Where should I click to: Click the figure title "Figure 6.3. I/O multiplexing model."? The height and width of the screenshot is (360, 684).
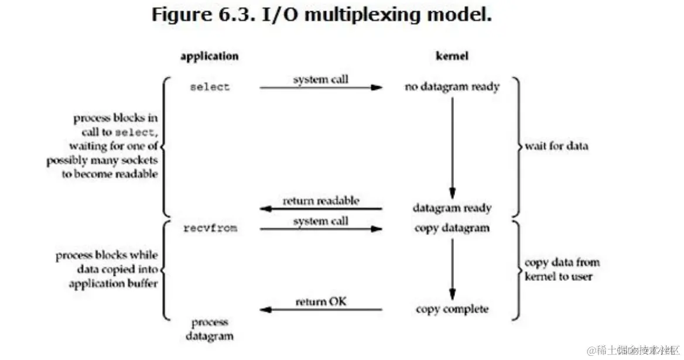(x=321, y=15)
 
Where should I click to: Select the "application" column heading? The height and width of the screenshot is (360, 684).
(x=209, y=57)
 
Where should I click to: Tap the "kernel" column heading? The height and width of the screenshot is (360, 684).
(x=452, y=57)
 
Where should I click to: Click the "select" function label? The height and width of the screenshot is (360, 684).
(x=210, y=87)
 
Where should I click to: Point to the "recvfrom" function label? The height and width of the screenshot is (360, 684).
(x=210, y=228)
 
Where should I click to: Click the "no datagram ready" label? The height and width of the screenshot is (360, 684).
(x=452, y=87)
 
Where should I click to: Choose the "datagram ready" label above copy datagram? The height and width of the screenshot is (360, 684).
(x=452, y=208)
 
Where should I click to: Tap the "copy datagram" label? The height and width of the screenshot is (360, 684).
(x=452, y=228)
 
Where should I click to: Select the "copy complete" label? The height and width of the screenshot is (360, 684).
(x=452, y=308)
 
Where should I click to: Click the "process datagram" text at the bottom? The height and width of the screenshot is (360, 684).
(x=210, y=329)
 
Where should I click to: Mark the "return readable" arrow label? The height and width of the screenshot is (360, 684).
(x=321, y=201)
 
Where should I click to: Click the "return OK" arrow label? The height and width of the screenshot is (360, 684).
(x=321, y=302)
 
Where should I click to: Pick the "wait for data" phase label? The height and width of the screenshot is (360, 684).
(x=556, y=146)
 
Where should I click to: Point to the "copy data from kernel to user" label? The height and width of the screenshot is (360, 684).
(x=561, y=269)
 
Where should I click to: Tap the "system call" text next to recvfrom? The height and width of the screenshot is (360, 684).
(x=320, y=221)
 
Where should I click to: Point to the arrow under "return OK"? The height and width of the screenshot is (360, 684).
(x=321, y=310)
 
